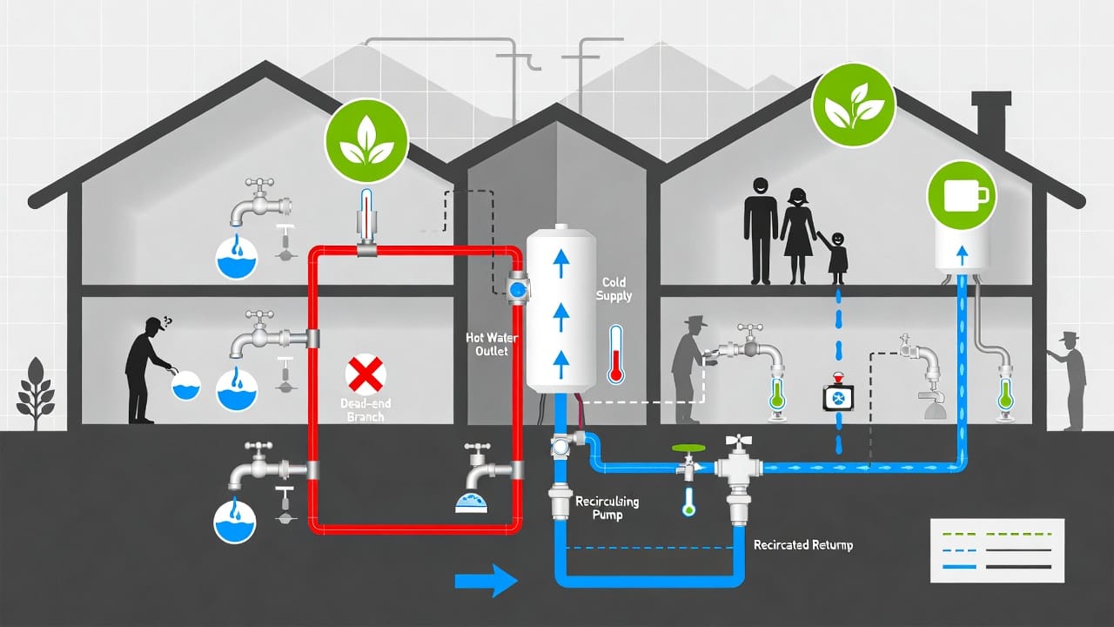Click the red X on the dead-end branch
(x=366, y=375)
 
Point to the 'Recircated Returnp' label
(x=802, y=545)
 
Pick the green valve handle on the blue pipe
(x=688, y=448)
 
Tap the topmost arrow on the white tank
(x=560, y=255)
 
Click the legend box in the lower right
(x=997, y=550)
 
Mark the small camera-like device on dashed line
(x=838, y=396)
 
